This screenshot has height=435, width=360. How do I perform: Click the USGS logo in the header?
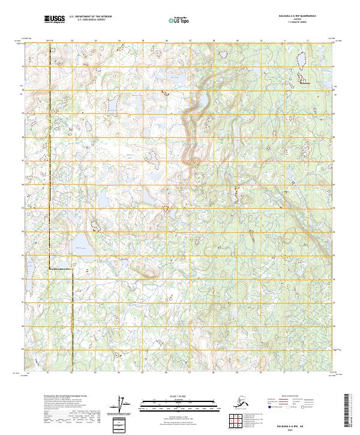coord(55,20)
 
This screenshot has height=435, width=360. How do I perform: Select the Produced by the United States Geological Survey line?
coord(65,397)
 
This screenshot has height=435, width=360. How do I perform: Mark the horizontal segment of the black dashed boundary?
coord(61,269)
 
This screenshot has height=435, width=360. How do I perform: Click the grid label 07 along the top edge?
coord(190,40)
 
